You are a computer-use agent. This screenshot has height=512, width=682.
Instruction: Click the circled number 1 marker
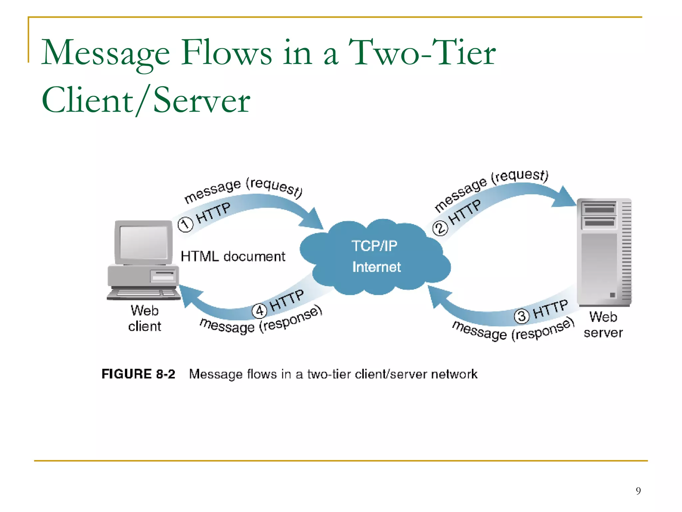tap(185, 224)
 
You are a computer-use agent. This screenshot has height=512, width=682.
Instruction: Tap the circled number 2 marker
tap(440, 228)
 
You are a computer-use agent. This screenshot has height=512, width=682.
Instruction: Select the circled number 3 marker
tap(522, 316)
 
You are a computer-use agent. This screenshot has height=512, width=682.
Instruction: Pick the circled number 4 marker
tap(259, 311)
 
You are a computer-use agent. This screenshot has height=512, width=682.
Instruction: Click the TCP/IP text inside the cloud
tap(374, 246)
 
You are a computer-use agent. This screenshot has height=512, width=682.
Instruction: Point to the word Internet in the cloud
tap(376, 267)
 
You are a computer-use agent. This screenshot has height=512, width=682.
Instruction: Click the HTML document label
tap(233, 256)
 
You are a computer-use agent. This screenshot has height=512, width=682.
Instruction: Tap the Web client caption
tap(145, 318)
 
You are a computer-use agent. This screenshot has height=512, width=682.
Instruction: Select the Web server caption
tap(603, 325)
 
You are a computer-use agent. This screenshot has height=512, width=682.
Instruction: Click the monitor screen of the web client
tap(144, 242)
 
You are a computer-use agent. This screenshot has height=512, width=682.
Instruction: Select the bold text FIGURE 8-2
tap(138, 374)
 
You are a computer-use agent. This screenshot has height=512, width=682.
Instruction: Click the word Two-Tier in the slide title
tap(422, 52)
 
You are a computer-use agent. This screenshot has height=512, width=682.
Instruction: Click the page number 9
tap(638, 491)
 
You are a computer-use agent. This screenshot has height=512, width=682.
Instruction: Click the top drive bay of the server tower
tap(599, 209)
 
